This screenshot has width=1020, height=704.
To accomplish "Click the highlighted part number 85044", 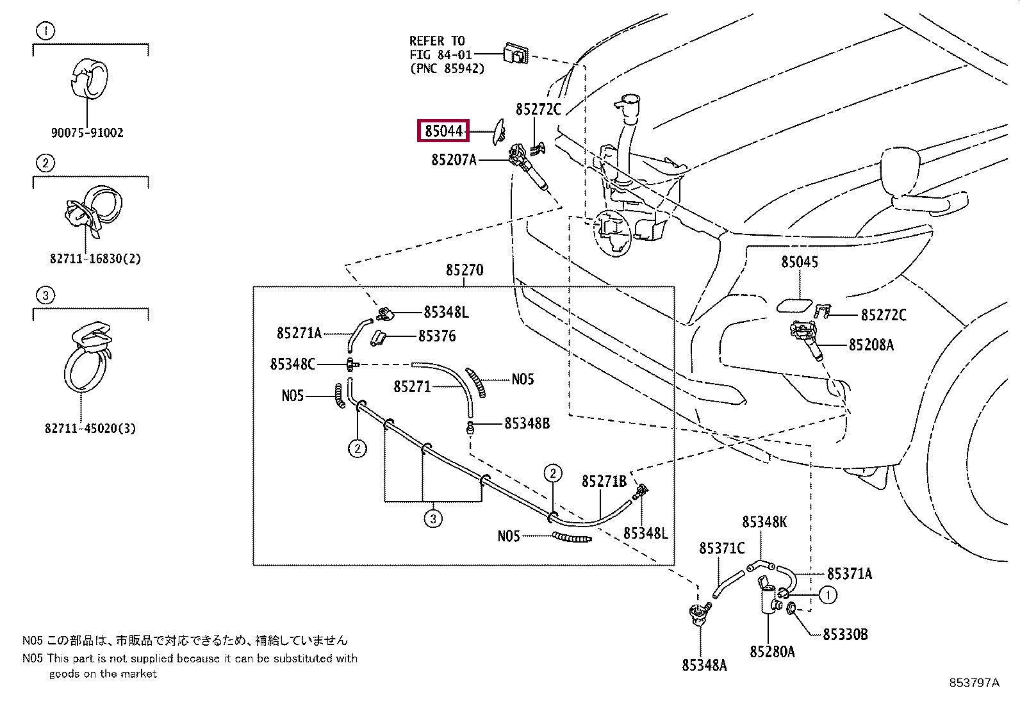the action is [x=443, y=131].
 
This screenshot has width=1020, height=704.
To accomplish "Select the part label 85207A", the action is [x=454, y=160].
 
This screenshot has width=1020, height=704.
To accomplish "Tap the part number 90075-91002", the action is [x=87, y=133].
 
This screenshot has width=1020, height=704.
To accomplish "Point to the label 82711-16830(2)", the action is [x=95, y=259].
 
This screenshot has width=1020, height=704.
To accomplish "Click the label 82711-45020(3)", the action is [x=90, y=429].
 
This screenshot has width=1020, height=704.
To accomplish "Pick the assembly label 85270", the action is [x=465, y=270].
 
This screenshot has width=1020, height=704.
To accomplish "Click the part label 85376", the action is [x=437, y=336].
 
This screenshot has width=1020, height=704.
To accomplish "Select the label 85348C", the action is [x=292, y=364].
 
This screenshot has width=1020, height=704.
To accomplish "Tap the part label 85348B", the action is [x=527, y=423].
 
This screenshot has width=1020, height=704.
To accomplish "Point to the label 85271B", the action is [x=604, y=481].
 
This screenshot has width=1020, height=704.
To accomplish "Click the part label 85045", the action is [x=800, y=262].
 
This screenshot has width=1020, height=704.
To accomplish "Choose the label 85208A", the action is [x=871, y=345].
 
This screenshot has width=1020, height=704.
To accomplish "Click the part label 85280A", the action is [x=772, y=652].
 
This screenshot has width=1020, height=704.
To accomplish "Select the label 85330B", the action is [x=845, y=634].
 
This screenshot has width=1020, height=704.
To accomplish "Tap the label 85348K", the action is [x=764, y=522].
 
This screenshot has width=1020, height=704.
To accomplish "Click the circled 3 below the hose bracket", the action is [x=433, y=519].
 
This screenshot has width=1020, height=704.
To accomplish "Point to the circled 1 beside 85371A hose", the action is [x=828, y=594].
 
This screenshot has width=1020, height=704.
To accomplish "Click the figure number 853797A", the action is [x=974, y=683].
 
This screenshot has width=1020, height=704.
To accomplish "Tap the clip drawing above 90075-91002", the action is [x=90, y=79].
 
